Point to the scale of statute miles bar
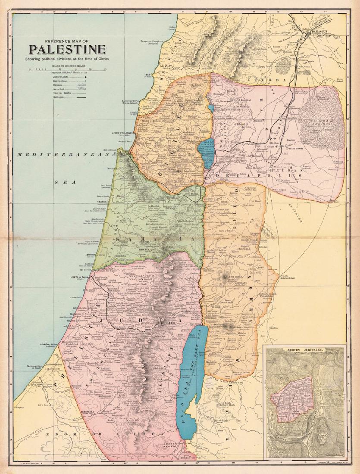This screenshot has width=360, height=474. (67, 69)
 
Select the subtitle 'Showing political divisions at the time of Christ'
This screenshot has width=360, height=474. (67, 59)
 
